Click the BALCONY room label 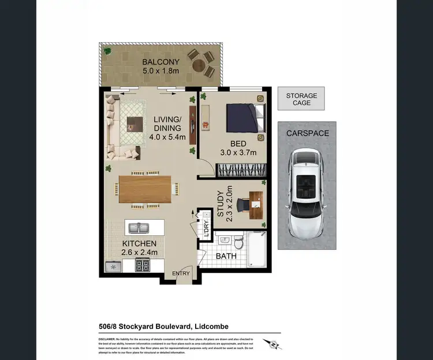pos(161,62)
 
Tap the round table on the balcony pos(201,62)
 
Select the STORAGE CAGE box pos(301,99)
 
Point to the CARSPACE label pos(307,133)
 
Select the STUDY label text pos(221,205)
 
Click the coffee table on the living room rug pos(134,123)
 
